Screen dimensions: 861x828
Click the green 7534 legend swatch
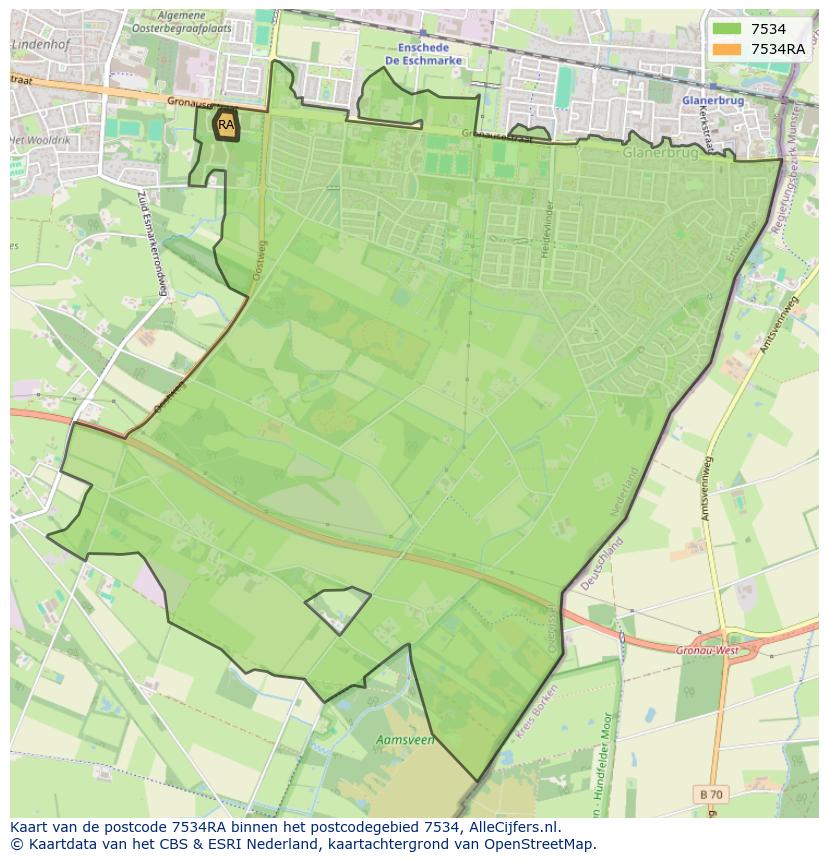point(726,29)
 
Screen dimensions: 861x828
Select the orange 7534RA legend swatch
point(726,49)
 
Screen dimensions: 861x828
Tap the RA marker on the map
point(226,125)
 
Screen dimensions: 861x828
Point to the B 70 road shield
point(710,794)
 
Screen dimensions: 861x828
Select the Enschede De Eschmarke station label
point(423,53)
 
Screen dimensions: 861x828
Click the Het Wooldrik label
point(40,140)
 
